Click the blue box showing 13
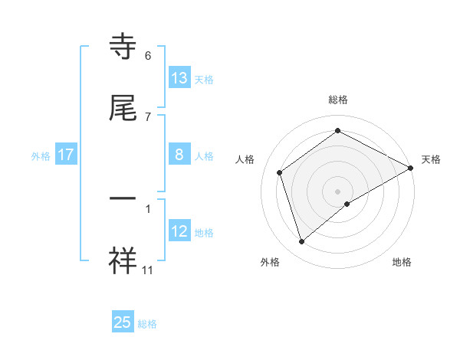click(179, 78)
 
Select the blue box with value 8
click(179, 155)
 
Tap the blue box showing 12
click(179, 231)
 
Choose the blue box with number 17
click(66, 155)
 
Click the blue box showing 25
click(123, 322)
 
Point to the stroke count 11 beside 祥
click(148, 270)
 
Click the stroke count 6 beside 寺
click(148, 55)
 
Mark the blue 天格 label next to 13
click(204, 79)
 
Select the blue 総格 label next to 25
click(147, 323)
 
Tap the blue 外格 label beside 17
click(41, 155)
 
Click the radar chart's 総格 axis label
click(338, 100)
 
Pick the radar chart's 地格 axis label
click(402, 262)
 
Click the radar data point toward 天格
click(411, 168)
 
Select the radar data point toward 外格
click(302, 242)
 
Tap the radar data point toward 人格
click(280, 172)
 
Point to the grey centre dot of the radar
click(338, 191)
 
